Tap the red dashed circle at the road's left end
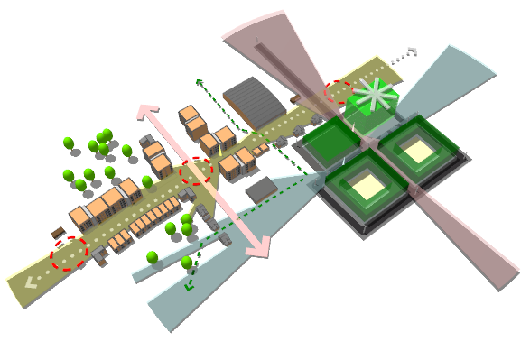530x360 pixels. pos(70,254)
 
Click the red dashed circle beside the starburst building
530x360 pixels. pos(338,92)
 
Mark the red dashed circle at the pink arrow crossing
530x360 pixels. pos(196,171)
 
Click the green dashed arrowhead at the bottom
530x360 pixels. pos(190,287)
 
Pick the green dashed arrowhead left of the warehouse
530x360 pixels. pos(199,81)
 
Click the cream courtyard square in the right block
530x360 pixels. pos(419,150)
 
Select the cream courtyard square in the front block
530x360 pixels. pos(367,187)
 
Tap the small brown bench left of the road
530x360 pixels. pos(58,233)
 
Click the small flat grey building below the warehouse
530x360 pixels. pos(262,189)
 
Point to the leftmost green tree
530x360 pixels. pos(68,143)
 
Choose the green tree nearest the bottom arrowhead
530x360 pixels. pos(187,263)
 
